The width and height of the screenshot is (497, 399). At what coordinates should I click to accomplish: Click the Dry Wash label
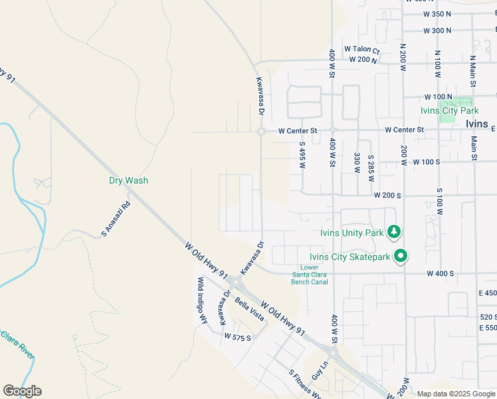(129, 180)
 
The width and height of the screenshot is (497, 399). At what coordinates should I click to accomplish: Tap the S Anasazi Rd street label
(115, 220)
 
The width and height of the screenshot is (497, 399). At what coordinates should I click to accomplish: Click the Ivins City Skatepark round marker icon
(401, 256)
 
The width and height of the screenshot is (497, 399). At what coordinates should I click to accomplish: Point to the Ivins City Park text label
(446, 110)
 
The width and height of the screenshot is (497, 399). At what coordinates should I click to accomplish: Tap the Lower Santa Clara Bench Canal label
(310, 275)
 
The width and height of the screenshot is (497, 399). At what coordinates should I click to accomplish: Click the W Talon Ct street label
(361, 50)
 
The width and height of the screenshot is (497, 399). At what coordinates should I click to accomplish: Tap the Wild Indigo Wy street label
(201, 301)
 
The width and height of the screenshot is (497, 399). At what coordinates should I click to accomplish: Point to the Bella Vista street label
(249, 309)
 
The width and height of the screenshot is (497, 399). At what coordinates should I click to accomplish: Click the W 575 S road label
(237, 337)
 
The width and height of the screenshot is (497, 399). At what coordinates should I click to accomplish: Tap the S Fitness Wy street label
(305, 384)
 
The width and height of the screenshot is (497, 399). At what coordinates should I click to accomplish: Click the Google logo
(22, 391)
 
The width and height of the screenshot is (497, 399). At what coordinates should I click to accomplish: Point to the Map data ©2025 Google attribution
(455, 394)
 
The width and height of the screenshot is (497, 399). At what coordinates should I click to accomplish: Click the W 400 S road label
(440, 273)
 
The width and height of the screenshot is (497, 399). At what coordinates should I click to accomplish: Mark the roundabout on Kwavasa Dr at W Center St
(261, 132)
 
